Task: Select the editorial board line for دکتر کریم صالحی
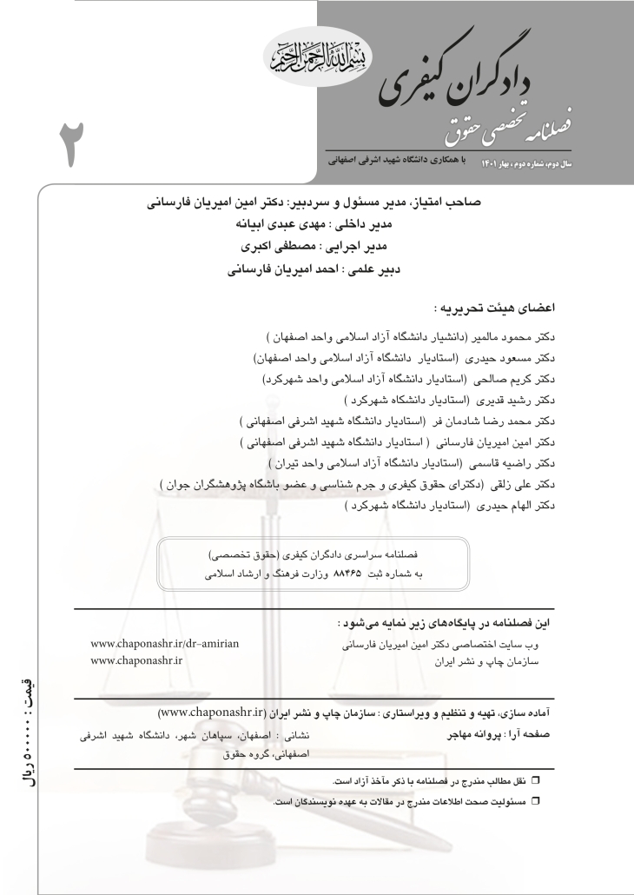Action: [416, 380]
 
